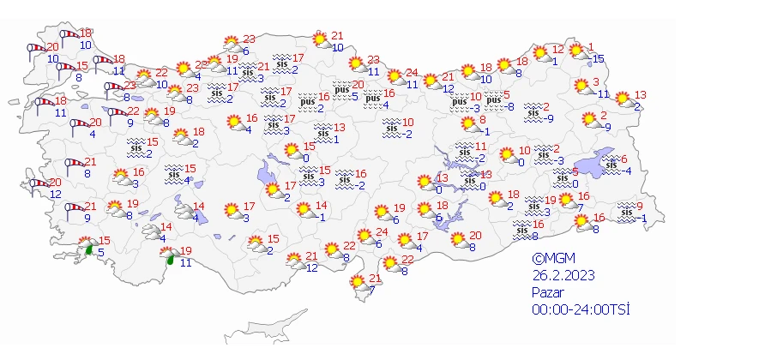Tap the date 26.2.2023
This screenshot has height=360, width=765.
click(x=563, y=275)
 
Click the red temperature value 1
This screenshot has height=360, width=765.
click(x=590, y=47)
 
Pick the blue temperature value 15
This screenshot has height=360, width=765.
click(x=598, y=58)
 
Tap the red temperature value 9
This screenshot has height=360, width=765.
click(x=639, y=203)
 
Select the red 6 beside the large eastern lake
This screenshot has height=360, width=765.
click(x=624, y=159)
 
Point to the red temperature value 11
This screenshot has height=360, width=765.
click(x=481, y=146)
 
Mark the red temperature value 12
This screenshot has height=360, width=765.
click(x=557, y=49)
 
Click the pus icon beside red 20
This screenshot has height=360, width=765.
click(x=342, y=89)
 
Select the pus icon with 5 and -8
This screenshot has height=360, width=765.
click(x=493, y=100)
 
